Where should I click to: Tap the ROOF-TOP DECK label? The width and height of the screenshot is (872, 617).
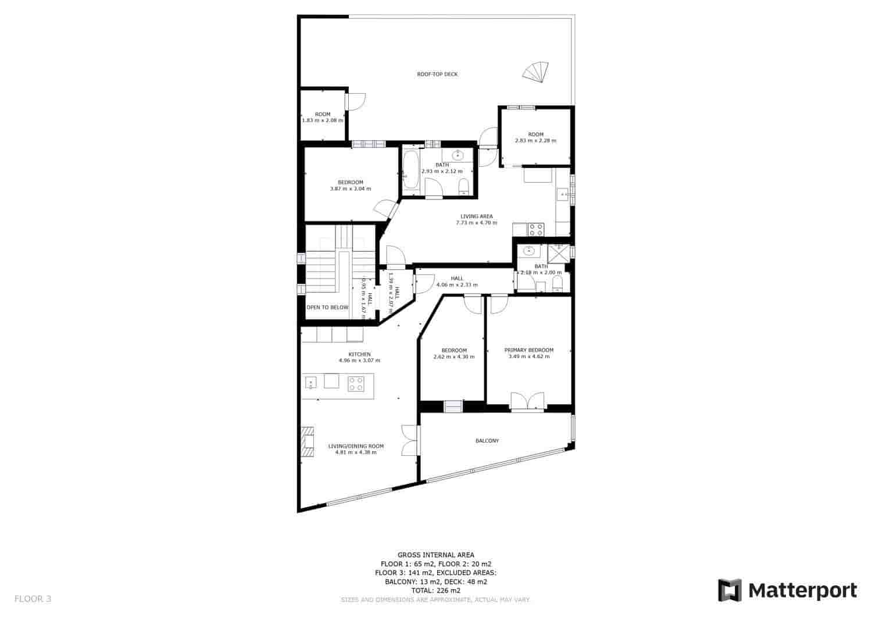point(437,74)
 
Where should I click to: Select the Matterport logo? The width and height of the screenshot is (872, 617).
point(787,590)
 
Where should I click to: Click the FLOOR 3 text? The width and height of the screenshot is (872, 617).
point(33,598)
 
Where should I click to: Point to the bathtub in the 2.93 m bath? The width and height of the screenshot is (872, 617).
point(410,170)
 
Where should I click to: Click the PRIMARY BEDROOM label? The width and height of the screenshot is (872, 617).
point(528,350)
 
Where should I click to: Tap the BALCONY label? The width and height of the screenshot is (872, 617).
point(487,441)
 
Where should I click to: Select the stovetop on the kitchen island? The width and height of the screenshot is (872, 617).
point(356,383)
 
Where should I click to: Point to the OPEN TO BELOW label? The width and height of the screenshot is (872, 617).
point(327,307)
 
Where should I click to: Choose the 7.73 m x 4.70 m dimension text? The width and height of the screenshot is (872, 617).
point(476,223)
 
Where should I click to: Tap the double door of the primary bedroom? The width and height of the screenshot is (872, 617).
point(528,402)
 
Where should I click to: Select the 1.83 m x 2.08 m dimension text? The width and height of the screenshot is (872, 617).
point(322,120)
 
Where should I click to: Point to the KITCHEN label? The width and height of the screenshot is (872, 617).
point(359,354)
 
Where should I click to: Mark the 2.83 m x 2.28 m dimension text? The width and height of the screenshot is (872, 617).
point(535,141)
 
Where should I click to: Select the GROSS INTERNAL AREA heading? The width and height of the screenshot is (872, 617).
point(435,555)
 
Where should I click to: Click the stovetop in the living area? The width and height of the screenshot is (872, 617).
point(535,229)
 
